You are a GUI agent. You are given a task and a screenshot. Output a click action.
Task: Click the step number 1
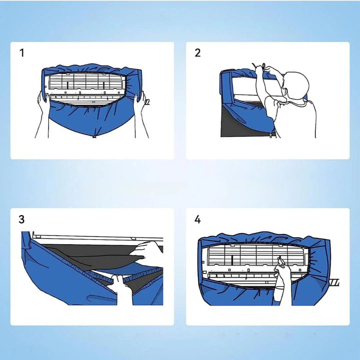[22, 53]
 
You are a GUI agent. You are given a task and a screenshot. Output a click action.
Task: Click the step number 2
[197, 53]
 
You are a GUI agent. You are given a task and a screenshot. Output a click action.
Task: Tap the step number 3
[22, 219]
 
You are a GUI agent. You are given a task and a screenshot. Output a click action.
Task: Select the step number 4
[197, 219]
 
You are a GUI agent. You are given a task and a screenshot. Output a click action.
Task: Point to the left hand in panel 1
[43, 101]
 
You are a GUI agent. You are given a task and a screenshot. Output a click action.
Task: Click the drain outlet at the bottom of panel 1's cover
[94, 137]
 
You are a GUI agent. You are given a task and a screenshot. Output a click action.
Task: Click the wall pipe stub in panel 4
[334, 282]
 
